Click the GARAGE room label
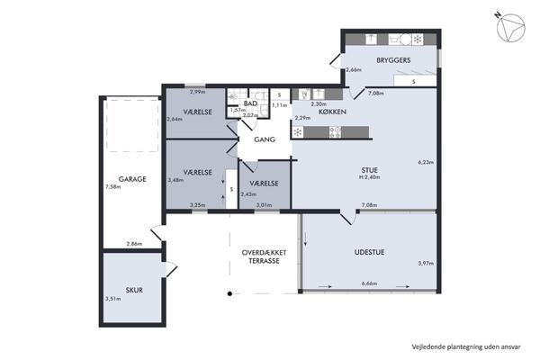(x=132, y=179)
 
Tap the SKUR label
(x=134, y=290)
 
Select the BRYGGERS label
(x=393, y=60)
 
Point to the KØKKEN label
(x=332, y=112)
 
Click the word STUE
(x=369, y=170)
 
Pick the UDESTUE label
(x=369, y=252)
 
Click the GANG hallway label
(x=265, y=139)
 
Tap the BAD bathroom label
(x=250, y=103)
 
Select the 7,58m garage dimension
(x=113, y=187)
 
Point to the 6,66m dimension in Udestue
(x=369, y=283)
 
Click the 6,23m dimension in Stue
(x=426, y=162)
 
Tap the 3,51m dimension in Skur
(x=113, y=299)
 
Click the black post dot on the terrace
(x=229, y=293)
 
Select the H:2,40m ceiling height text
(x=370, y=177)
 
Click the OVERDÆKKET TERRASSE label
(x=264, y=256)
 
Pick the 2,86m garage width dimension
(x=134, y=244)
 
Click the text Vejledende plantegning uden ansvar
(x=466, y=346)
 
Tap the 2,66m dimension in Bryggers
(x=354, y=70)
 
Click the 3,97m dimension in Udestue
(x=426, y=263)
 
